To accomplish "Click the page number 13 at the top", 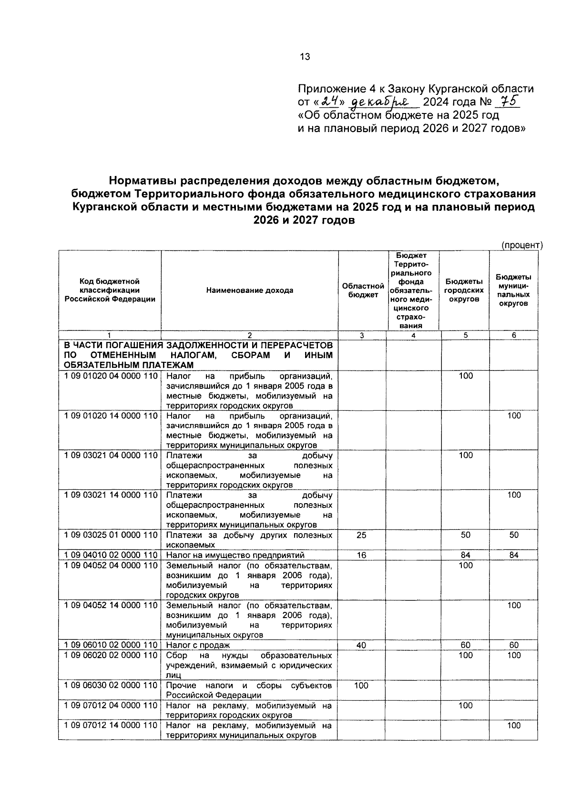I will [x=305, y=57].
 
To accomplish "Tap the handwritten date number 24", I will [x=329, y=102].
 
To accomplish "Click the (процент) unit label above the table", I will [x=521, y=245].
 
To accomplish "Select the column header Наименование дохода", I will [x=250, y=290].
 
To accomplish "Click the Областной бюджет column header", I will [x=363, y=290].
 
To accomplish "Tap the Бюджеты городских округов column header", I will [x=464, y=290].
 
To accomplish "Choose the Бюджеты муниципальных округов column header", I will [x=513, y=290].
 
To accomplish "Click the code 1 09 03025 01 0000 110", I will [x=111, y=535].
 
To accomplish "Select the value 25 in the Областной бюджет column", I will [x=361, y=535].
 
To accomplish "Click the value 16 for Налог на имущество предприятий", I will [x=361, y=555].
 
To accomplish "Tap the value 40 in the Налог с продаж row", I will [x=361, y=645].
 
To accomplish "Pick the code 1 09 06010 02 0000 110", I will [x=111, y=645].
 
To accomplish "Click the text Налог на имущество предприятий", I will [x=235, y=555].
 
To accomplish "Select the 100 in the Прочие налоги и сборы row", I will [x=361, y=685].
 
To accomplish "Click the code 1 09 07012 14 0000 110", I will [x=111, y=725].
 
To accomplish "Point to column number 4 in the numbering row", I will [x=413, y=335].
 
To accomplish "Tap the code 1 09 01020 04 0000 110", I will [x=111, y=376].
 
